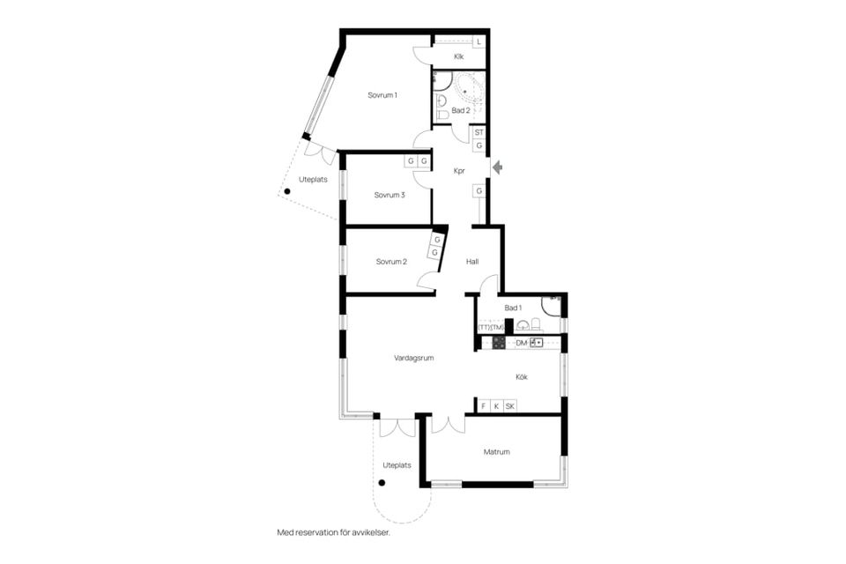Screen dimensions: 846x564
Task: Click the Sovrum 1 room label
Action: coord(382,95)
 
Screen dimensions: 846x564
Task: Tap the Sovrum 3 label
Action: coord(390,196)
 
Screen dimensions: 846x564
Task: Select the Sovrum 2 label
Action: coord(391,262)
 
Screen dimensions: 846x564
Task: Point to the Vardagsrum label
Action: coord(414,358)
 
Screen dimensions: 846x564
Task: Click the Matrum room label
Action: coord(496,452)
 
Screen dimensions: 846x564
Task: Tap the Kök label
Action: coord(521,377)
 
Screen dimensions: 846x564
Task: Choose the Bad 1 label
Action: coord(513,308)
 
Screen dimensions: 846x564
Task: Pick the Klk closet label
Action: coord(458,56)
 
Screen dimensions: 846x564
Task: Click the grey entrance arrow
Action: coord(497,167)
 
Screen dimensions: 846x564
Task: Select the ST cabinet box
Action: coord(479,132)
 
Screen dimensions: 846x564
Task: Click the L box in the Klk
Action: coord(479,41)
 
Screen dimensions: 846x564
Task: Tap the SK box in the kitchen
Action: coord(510,406)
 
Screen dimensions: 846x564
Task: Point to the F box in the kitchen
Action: coord(484,406)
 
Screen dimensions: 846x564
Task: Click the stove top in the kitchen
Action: coord(499,343)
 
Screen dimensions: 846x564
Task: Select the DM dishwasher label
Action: coord(521,344)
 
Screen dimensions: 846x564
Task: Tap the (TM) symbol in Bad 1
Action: coord(497,328)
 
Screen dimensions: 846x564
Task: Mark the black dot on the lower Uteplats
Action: coord(382,483)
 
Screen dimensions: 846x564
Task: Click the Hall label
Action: coord(472,262)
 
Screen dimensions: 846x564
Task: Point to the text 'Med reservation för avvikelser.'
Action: coord(333,532)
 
